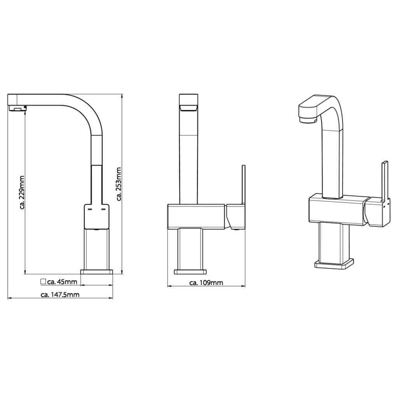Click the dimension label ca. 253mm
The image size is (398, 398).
pos(119,184)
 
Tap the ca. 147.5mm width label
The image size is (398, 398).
pos(60,294)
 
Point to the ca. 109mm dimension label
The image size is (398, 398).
pos(206,283)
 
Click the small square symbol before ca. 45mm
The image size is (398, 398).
pos(43,281)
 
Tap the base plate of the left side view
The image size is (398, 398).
pos(96,272)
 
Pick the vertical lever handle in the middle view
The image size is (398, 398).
pos(244,184)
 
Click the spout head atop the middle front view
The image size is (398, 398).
pos(189,102)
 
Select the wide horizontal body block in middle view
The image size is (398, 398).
pos(196,216)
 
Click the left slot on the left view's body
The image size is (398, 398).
pos(90,209)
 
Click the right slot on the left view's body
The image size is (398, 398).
pos(103,209)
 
